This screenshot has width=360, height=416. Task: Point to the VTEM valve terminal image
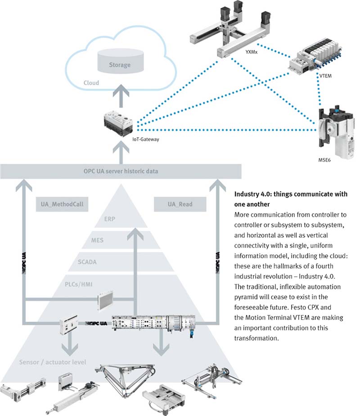point(314,59)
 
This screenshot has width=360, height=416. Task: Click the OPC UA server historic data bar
point(121,171)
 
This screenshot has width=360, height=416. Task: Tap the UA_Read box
point(180,204)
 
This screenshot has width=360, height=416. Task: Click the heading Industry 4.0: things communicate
point(291,199)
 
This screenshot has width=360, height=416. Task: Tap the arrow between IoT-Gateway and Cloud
point(121,96)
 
